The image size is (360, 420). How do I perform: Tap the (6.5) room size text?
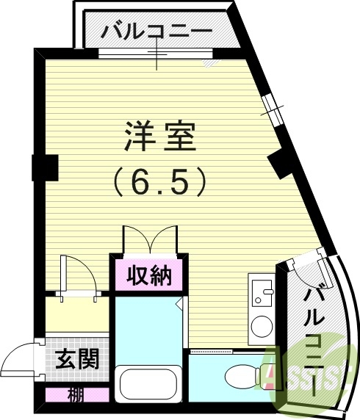[x=159, y=180]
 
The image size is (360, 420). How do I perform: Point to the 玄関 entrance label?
[x=77, y=360]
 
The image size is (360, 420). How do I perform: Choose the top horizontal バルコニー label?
[x=157, y=32]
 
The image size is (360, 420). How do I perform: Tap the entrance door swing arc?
[x=16, y=360]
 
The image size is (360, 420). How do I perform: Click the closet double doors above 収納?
[x=150, y=240]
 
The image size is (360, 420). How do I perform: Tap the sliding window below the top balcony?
[x=156, y=53]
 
